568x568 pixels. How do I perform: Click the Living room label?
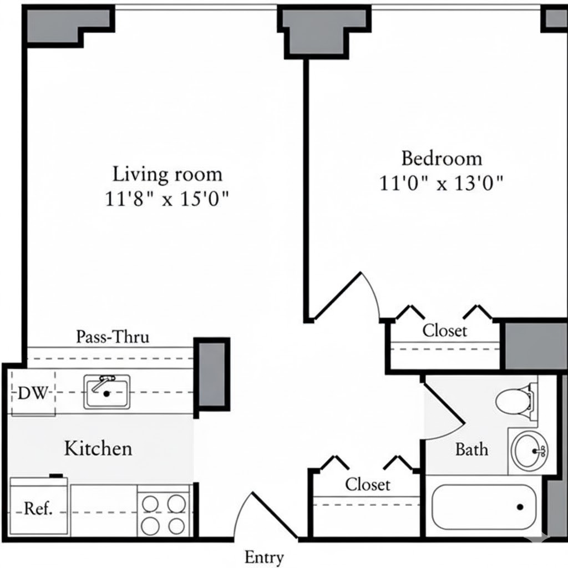point(168,174)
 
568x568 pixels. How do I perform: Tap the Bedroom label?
point(442,159)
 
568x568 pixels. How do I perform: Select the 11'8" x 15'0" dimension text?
point(167,199)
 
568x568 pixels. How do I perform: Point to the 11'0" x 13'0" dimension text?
point(441,183)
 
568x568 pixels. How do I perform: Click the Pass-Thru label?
point(113,337)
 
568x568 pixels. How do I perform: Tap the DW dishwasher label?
point(33,393)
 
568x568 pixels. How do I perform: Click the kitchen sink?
point(107,392)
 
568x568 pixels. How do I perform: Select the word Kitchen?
point(98,448)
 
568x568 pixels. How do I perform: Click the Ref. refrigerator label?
point(38,509)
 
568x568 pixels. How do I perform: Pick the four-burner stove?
point(164,511)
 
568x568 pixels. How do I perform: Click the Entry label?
point(264,558)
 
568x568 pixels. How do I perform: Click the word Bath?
point(471,449)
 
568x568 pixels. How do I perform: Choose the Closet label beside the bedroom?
point(445,331)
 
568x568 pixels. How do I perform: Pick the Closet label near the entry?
point(368,485)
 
